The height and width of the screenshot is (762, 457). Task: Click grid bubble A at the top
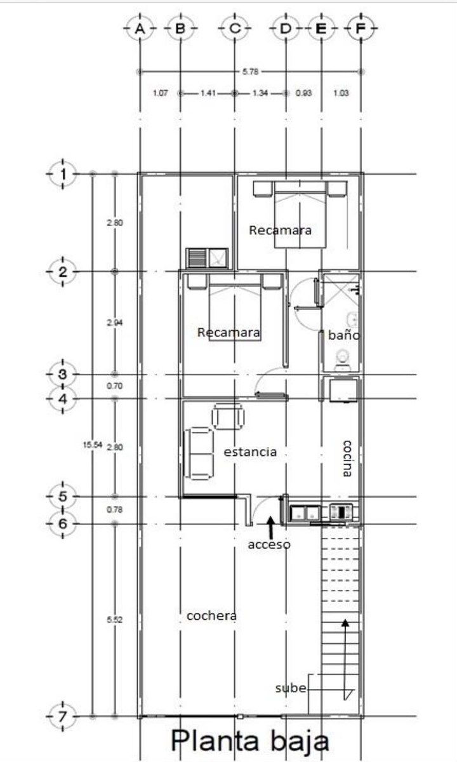pyautogui.click(x=140, y=29)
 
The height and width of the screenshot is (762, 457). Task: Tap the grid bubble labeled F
pyautogui.click(x=361, y=29)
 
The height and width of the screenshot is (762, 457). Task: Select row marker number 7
pyautogui.click(x=63, y=716)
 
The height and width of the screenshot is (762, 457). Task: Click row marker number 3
pyautogui.click(x=63, y=374)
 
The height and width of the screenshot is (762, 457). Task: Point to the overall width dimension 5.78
pyautogui.click(x=250, y=72)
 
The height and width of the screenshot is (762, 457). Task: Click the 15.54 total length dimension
pyautogui.click(x=93, y=444)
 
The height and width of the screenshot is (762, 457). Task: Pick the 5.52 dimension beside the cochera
pyautogui.click(x=115, y=620)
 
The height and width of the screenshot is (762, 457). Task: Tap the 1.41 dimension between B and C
pyautogui.click(x=208, y=93)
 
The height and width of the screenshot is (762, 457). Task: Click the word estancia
pyautogui.click(x=250, y=452)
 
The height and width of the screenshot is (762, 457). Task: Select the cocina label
pyautogui.click(x=347, y=458)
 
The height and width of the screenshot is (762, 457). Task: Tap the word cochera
pyautogui.click(x=211, y=616)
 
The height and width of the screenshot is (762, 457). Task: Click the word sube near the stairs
pyautogui.click(x=291, y=688)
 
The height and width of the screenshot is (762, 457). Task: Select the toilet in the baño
pyautogui.click(x=343, y=361)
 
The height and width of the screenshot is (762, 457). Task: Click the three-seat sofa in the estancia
pyautogui.click(x=199, y=453)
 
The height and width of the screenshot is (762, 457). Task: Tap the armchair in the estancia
pyautogui.click(x=228, y=417)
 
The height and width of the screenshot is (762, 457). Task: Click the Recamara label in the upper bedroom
pyautogui.click(x=280, y=231)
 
